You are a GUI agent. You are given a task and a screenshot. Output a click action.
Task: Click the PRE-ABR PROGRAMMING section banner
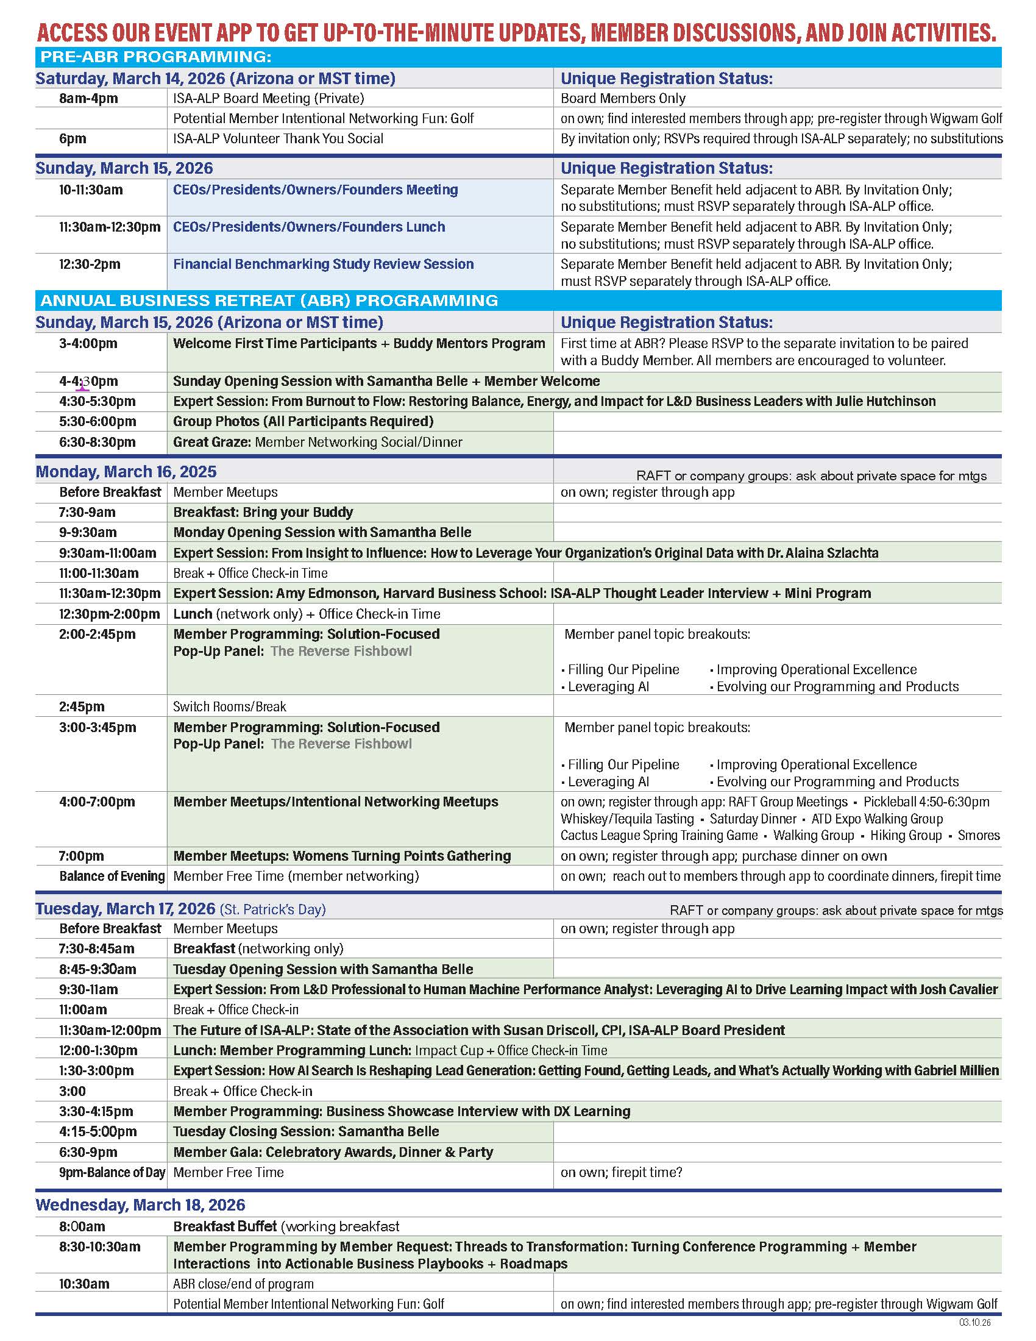coord(156,57)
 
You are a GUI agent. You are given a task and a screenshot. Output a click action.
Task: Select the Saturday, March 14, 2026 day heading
coord(215,79)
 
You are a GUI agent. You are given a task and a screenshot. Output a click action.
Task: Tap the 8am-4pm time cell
coord(88,98)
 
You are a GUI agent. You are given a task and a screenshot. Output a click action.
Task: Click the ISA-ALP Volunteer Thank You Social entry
coord(278,139)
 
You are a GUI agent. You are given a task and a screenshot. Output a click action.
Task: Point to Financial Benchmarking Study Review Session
coord(324,264)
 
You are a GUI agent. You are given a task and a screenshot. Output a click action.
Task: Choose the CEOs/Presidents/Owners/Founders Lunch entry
coord(309,227)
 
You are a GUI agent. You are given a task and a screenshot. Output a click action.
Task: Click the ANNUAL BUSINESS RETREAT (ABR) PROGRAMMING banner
coord(269,301)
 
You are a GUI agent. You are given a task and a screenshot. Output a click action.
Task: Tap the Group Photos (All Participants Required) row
coord(303,422)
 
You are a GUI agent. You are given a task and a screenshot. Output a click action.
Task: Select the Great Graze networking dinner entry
coord(318,442)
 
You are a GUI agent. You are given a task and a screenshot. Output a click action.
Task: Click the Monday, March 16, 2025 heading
coord(126,472)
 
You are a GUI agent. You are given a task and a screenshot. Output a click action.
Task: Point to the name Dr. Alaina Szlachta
coord(823,553)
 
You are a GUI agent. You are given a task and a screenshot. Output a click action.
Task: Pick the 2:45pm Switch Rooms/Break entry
coord(230,706)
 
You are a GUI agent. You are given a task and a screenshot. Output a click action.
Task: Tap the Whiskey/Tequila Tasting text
coord(626,819)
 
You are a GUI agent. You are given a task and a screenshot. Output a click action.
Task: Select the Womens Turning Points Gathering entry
coord(402,856)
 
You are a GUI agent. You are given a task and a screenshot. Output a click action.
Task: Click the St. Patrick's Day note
coord(272,909)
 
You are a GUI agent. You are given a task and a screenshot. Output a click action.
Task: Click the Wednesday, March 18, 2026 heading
coord(140,1205)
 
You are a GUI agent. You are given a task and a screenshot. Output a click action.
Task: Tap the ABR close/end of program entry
coord(243,1284)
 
